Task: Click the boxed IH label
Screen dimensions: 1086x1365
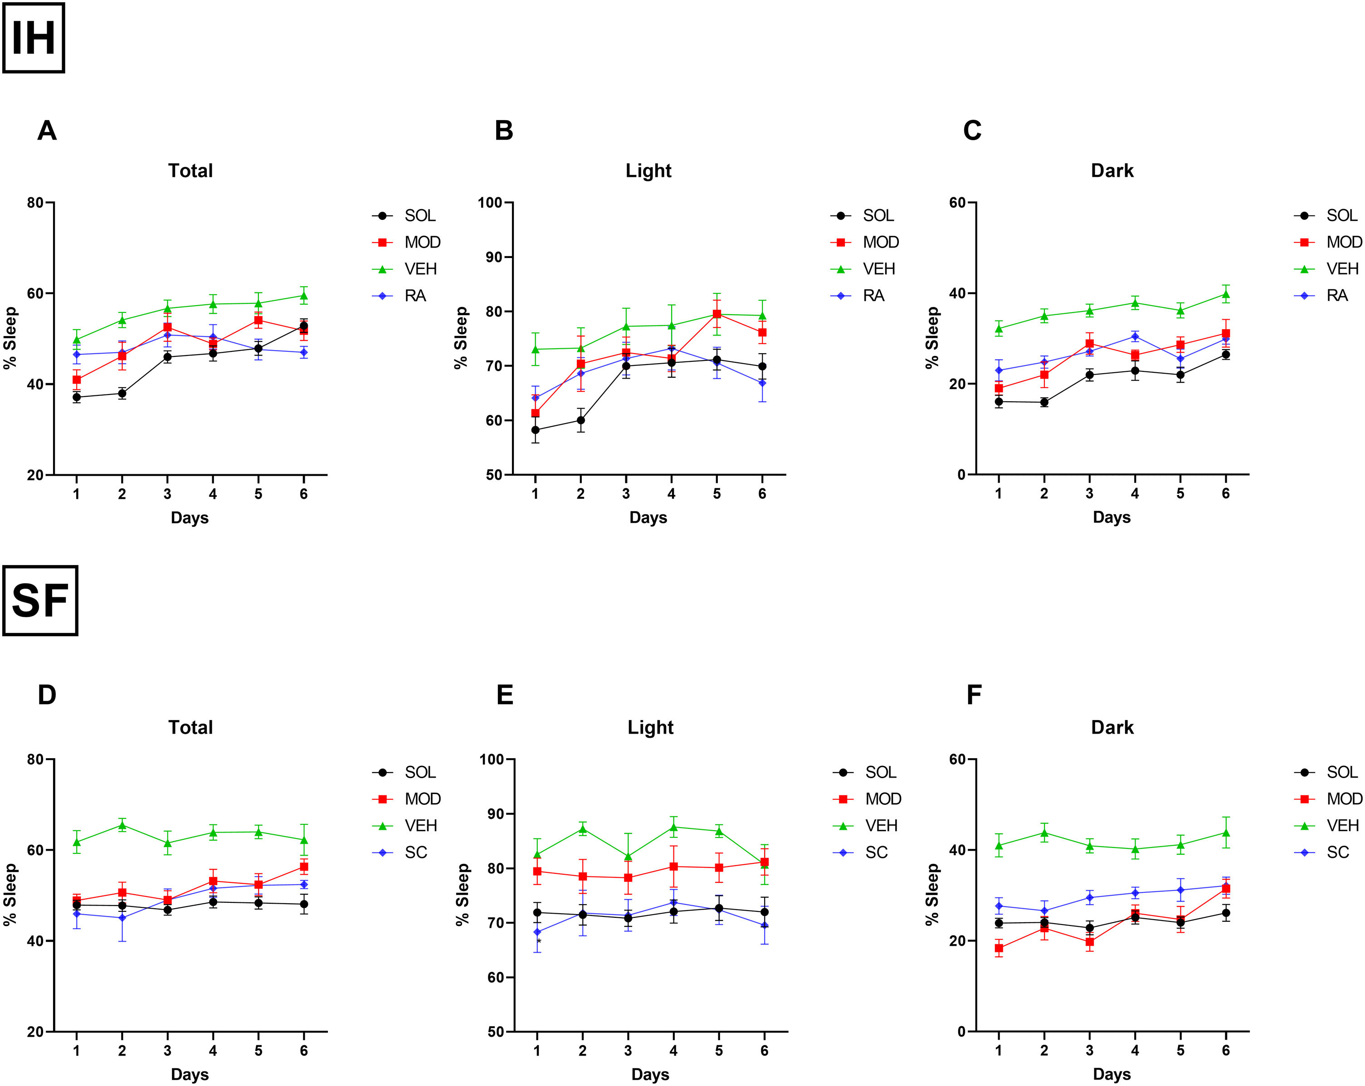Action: (34, 38)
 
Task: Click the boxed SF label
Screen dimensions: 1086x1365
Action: (40, 600)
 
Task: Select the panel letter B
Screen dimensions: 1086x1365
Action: (504, 131)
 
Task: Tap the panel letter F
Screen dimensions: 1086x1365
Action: (974, 695)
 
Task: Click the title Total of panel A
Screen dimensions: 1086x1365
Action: (190, 171)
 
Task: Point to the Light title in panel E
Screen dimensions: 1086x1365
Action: (650, 728)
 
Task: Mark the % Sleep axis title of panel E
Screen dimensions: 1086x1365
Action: (462, 894)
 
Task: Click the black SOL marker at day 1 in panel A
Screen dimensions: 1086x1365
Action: (77, 398)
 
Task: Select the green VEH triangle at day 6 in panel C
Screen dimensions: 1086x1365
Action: (1226, 294)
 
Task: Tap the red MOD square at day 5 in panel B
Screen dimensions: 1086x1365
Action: (717, 314)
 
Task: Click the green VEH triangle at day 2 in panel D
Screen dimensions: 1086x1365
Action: (122, 825)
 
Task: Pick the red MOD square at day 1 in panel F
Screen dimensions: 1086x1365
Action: (999, 948)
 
